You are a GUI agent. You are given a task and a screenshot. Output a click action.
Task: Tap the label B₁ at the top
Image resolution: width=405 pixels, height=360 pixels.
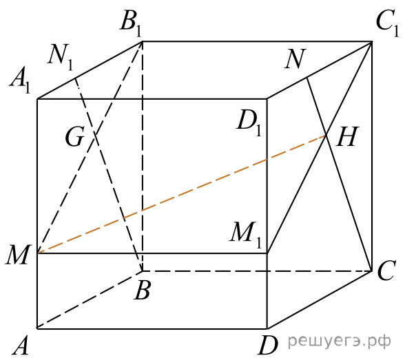(131, 24)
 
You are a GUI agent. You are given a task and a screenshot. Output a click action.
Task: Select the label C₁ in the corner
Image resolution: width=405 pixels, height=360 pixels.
(387, 24)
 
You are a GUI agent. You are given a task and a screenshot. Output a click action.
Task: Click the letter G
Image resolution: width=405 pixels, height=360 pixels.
(74, 137)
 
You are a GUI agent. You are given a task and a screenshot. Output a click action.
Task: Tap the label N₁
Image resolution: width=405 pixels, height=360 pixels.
(61, 57)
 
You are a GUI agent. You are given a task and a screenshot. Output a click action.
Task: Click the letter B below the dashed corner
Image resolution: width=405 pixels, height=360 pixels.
(142, 290)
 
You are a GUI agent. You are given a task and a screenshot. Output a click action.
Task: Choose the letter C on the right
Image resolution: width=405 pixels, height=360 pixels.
(386, 271)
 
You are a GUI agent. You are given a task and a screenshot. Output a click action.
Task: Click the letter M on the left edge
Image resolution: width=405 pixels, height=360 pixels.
(18, 255)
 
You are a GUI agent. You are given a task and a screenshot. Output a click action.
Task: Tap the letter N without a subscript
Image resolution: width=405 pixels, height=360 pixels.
(295, 59)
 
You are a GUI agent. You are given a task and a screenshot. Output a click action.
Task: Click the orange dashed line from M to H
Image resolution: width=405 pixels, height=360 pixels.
(182, 194)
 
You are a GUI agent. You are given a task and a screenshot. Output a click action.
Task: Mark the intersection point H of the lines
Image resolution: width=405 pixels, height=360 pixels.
(326, 135)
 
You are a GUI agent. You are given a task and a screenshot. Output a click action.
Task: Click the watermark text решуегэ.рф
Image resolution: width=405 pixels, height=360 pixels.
(340, 341)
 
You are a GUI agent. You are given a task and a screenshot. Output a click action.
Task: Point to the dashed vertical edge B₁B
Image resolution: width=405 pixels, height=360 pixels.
(143, 156)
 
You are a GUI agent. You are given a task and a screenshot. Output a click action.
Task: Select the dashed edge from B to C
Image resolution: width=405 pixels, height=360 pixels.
(257, 271)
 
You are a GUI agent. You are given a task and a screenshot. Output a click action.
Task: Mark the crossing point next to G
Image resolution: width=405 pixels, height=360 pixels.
(94, 135)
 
